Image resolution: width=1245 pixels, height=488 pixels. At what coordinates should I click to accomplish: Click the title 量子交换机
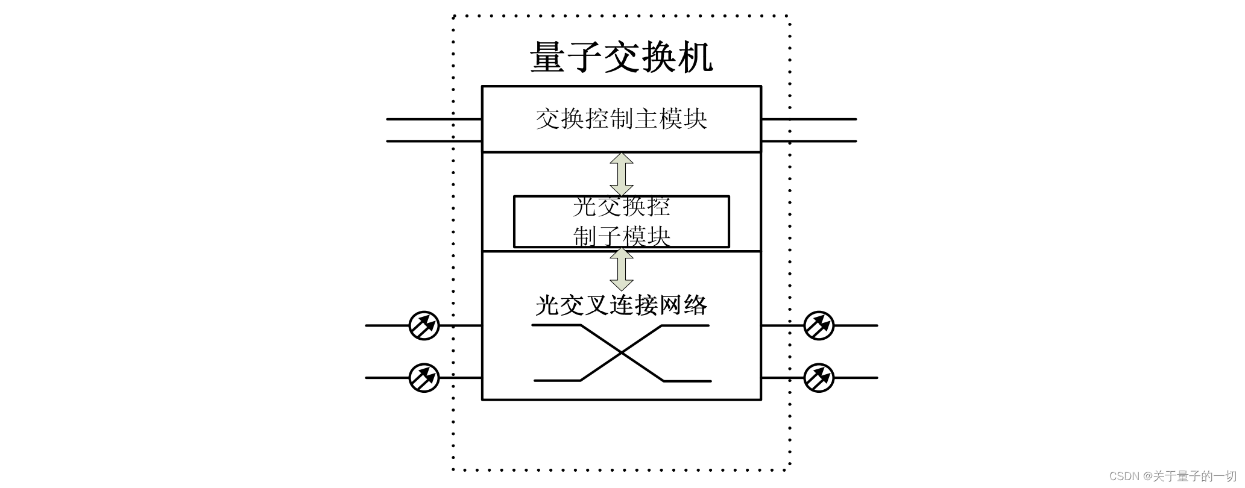click(x=621, y=57)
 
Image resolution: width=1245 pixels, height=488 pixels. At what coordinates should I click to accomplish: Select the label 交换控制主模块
click(x=621, y=119)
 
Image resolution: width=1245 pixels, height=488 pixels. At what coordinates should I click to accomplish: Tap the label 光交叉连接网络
click(x=621, y=305)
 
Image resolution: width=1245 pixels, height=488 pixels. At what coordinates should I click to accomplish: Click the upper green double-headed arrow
click(x=622, y=174)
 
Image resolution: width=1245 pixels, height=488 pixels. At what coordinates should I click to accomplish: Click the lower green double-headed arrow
click(x=622, y=269)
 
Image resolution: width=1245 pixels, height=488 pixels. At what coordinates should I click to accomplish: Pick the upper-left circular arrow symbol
click(x=424, y=325)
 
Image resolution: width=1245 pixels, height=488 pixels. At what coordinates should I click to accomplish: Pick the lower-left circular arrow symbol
click(x=424, y=378)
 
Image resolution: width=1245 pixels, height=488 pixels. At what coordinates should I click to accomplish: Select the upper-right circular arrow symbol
click(x=819, y=325)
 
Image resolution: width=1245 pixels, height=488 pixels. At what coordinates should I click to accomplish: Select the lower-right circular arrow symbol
click(x=819, y=378)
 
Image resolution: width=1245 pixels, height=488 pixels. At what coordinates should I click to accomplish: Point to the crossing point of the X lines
click(x=622, y=353)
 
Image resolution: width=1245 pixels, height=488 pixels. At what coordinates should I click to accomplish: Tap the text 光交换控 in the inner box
click(x=621, y=207)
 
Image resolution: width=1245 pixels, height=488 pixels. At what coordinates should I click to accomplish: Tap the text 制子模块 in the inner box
click(x=621, y=236)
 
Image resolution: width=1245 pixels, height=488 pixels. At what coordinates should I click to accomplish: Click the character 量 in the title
click(x=547, y=57)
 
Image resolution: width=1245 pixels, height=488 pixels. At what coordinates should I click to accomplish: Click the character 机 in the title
click(x=695, y=57)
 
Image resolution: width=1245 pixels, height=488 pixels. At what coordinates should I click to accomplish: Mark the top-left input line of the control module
click(x=434, y=119)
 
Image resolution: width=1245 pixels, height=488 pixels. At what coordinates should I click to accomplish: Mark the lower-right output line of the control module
click(x=809, y=141)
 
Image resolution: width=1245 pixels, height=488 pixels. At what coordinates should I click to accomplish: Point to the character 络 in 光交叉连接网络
click(x=696, y=305)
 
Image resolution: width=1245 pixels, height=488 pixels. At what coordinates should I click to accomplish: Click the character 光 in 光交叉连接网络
click(x=546, y=305)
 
